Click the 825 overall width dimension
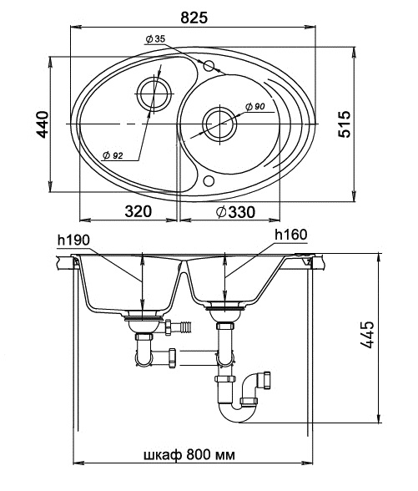(194, 18)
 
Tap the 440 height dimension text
(43, 124)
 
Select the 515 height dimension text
(345, 124)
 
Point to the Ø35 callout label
(155, 39)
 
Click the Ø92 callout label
(113, 155)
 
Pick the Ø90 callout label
(254, 107)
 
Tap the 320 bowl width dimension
(138, 212)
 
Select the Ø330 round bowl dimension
(235, 212)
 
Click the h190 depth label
(73, 240)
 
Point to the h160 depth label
(291, 235)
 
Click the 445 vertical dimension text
(367, 334)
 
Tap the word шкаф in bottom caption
(163, 455)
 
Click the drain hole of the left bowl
(154, 94)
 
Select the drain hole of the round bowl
(220, 124)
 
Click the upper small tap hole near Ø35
(209, 66)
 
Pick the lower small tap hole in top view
(209, 180)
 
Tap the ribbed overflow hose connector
(187, 327)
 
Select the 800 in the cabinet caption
(199, 455)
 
